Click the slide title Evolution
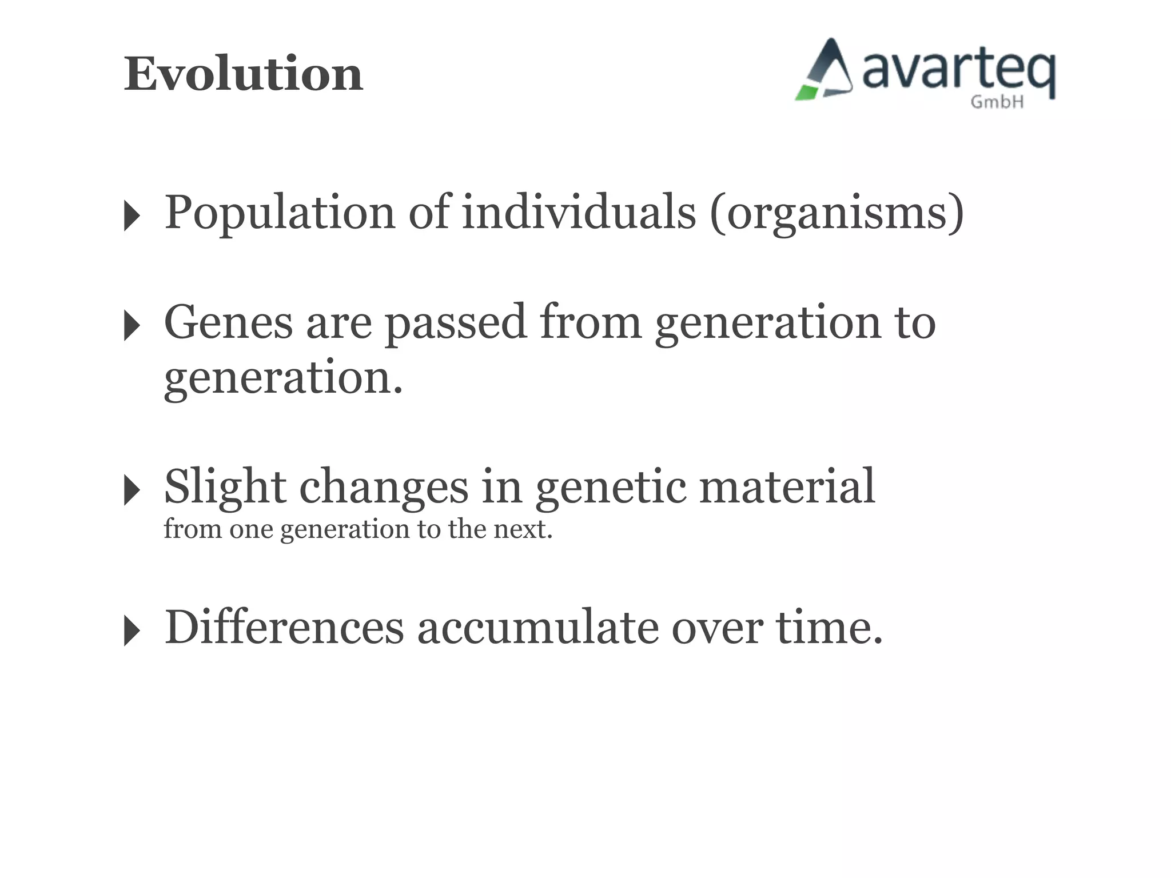pos(244,74)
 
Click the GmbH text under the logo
pos(997,102)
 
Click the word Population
pos(280,213)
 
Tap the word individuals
pos(579,212)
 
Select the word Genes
pos(228,322)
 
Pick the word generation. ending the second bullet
pos(283,378)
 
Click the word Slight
pos(225,487)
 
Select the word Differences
pos(284,628)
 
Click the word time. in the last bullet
pos(829,628)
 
